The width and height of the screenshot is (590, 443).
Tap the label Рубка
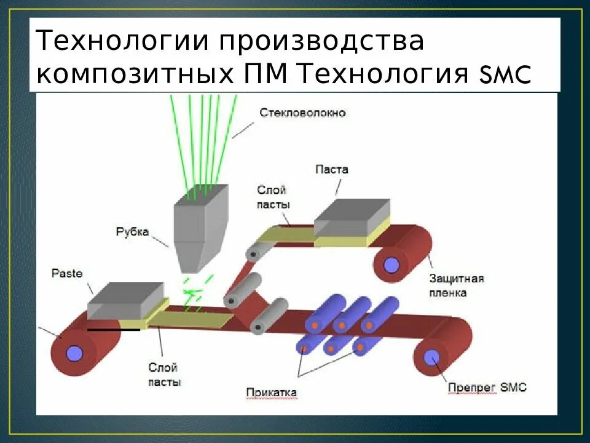[132, 232]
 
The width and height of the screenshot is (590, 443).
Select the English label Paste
[67, 273]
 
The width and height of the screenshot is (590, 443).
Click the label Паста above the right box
[331, 169]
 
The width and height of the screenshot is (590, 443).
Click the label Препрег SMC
[487, 388]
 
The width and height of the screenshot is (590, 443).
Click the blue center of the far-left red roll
[74, 353]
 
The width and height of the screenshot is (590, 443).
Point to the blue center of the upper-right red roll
[391, 265]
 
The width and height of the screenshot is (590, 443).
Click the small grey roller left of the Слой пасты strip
[251, 252]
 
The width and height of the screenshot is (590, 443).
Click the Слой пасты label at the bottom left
[163, 375]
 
